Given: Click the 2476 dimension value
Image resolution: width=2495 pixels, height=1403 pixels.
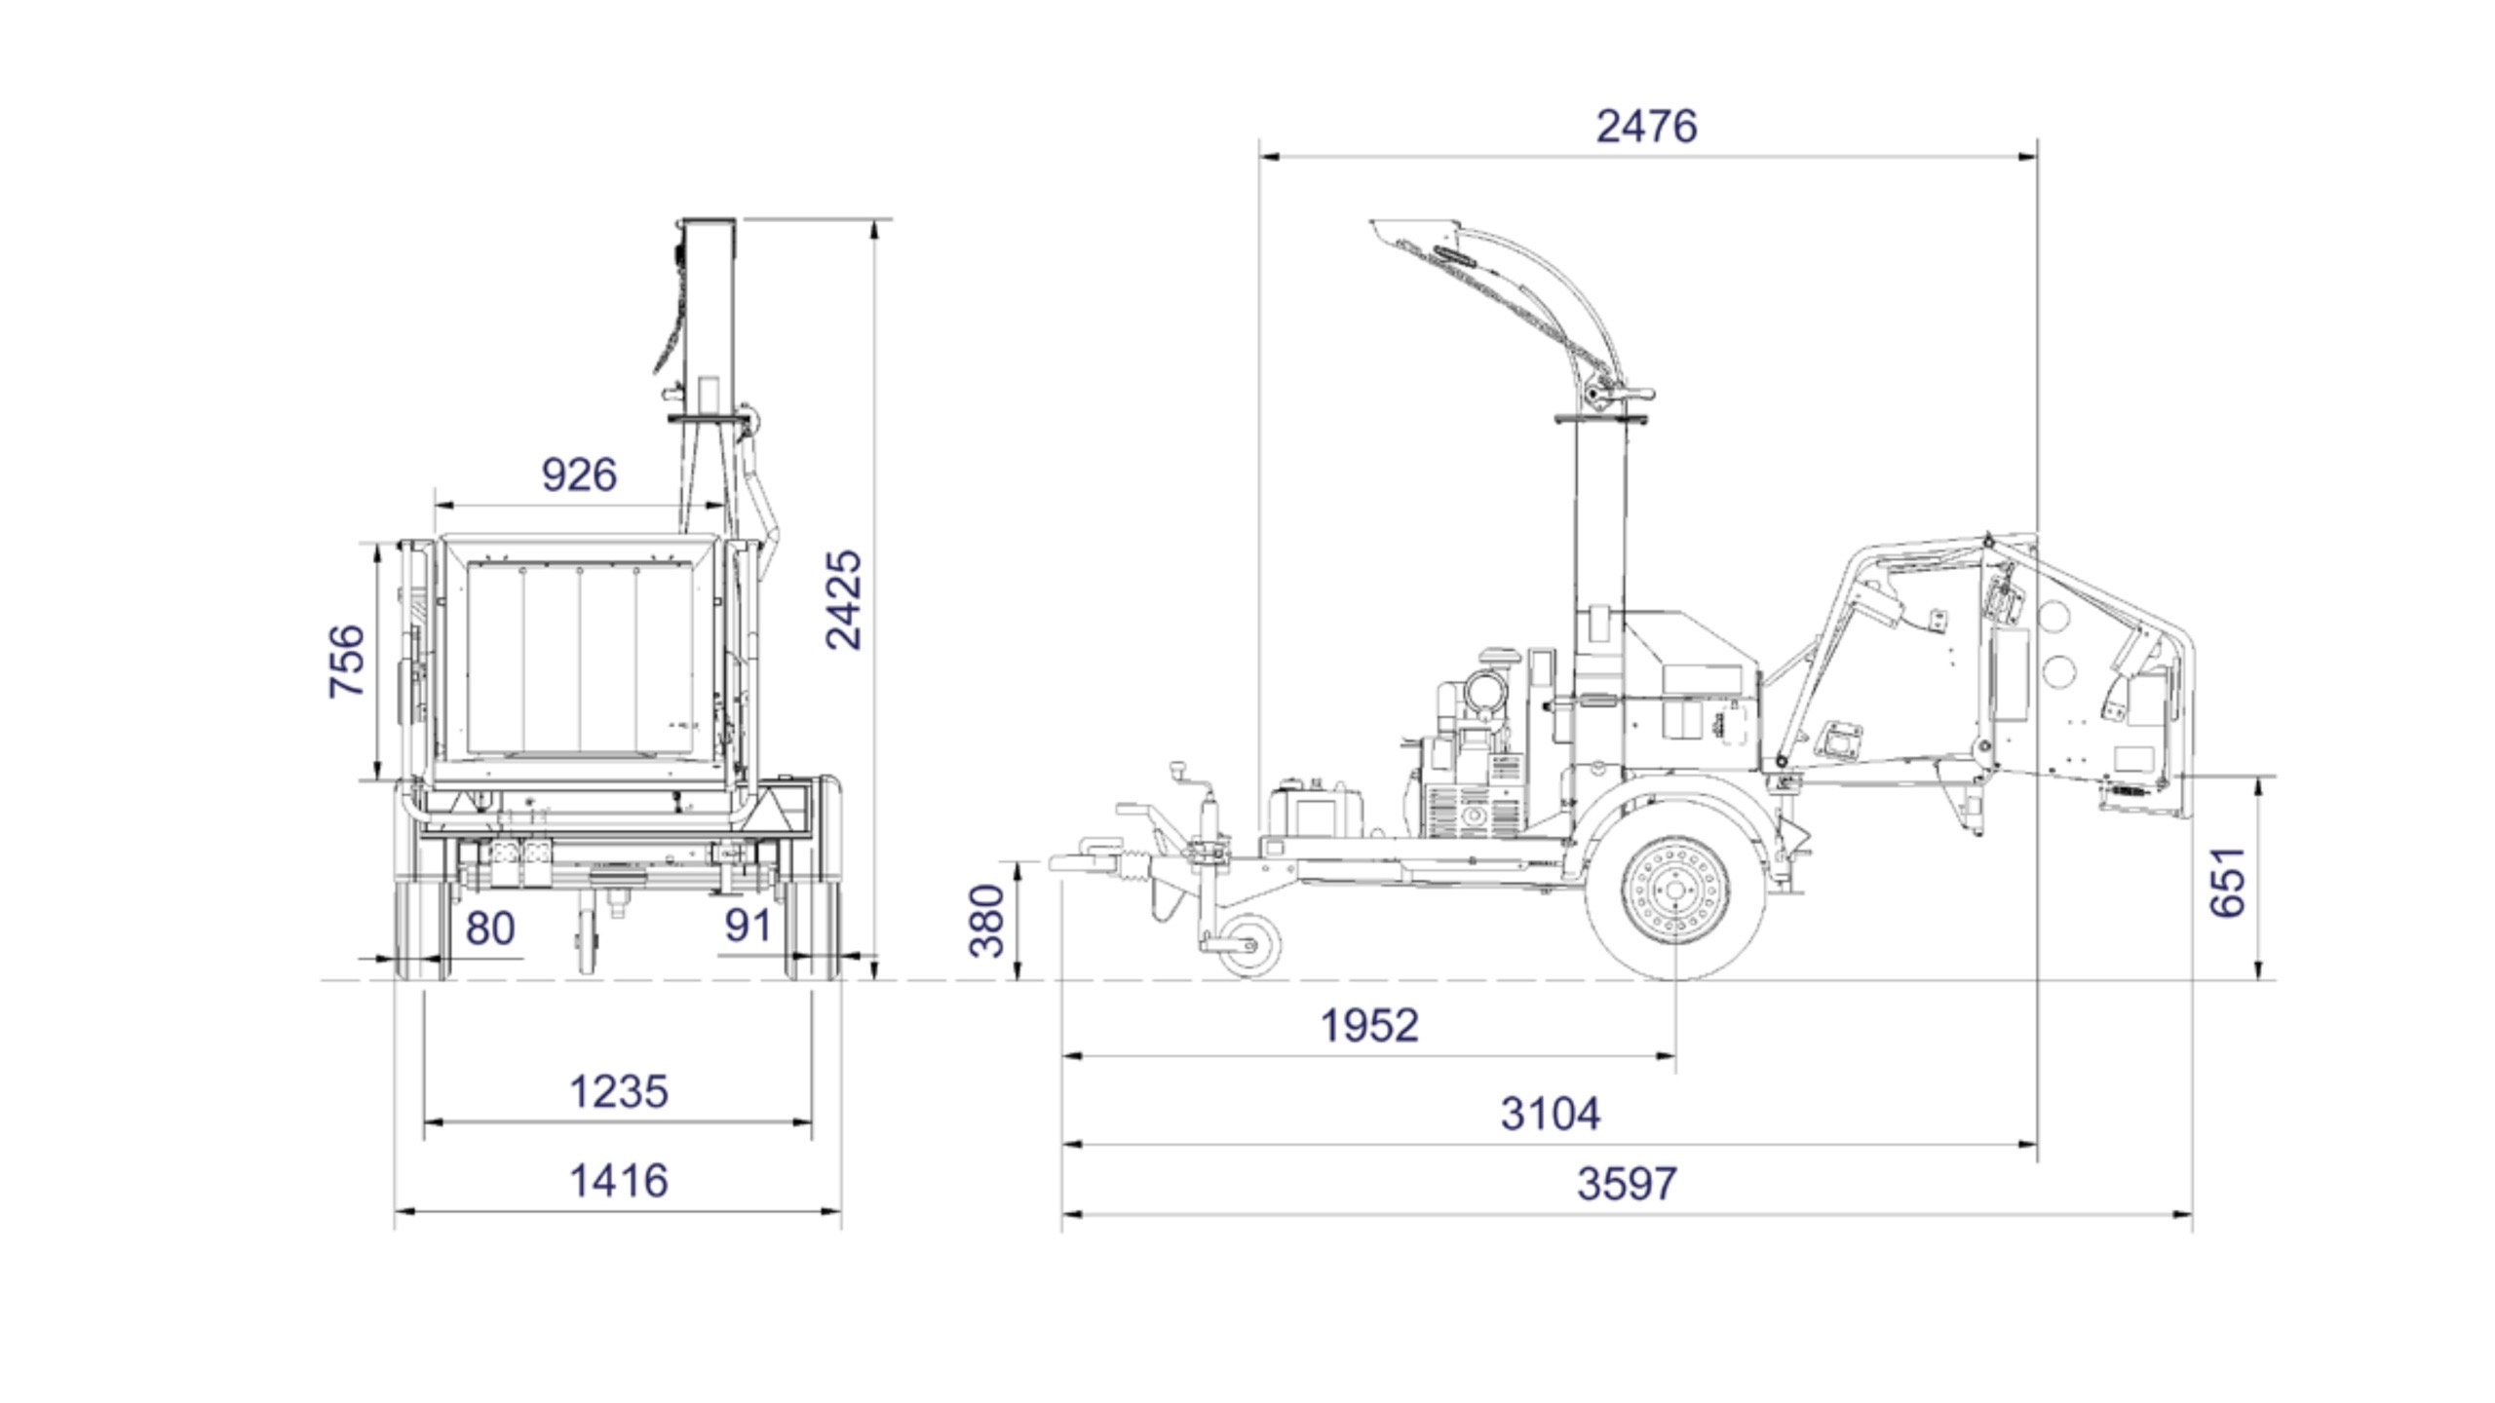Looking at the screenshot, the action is [1646, 127].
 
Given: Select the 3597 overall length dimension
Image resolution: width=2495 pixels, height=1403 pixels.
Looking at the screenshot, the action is [1628, 1184].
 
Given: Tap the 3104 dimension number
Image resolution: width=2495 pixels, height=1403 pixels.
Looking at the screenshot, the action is [1551, 1114].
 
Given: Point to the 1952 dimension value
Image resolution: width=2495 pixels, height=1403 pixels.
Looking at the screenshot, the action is [1369, 1026].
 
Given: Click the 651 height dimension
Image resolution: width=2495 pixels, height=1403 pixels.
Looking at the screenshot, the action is [2228, 883].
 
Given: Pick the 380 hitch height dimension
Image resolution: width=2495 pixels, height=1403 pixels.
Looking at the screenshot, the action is [987, 921].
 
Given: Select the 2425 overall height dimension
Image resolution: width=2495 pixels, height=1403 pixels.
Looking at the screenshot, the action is [844, 599].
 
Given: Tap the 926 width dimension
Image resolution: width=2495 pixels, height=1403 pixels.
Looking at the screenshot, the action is [579, 474].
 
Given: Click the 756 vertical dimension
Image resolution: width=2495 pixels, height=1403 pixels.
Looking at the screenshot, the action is [347, 662].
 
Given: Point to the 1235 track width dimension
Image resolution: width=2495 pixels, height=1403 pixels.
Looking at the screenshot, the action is [619, 1092].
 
